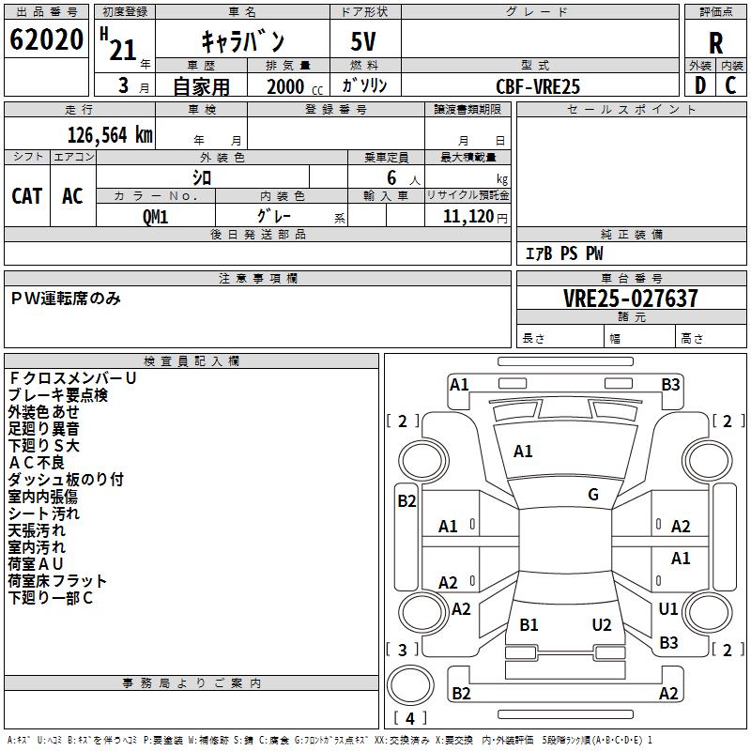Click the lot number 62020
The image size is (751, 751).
[x=46, y=39]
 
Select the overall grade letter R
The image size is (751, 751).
[x=715, y=43]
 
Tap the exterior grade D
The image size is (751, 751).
[x=700, y=85]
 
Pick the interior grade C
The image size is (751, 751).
[x=730, y=85]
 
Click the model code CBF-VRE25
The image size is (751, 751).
[x=538, y=86]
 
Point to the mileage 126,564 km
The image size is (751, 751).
[x=110, y=135]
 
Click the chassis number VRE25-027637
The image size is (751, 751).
[x=631, y=299]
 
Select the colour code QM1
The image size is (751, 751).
[x=155, y=217]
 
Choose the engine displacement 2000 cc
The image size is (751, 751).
[x=295, y=86]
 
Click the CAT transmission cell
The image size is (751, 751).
[x=27, y=196]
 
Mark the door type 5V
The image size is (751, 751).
[x=363, y=41]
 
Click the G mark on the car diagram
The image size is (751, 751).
[x=593, y=494]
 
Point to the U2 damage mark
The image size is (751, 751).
[x=602, y=625]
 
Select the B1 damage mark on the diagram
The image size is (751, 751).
[x=529, y=625]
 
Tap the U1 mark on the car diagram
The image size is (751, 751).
[x=668, y=608]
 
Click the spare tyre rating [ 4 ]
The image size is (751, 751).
[x=410, y=718]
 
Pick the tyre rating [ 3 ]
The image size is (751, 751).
[x=403, y=650]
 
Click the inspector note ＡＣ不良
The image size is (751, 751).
[x=37, y=463]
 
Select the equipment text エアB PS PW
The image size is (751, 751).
[x=564, y=253]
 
